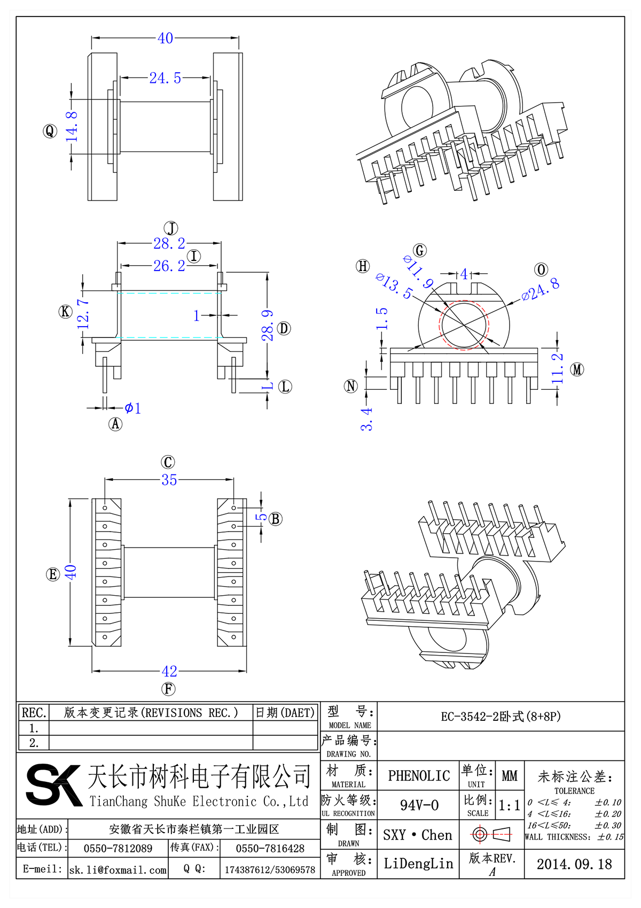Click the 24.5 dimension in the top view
165,78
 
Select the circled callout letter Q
50,131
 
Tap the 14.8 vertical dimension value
72,127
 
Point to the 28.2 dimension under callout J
169,244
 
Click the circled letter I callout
194,256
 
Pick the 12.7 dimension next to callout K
83,314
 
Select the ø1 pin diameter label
132,409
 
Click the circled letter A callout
115,424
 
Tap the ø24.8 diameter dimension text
541,289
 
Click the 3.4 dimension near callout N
366,419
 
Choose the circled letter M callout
577,369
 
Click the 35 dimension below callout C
169,480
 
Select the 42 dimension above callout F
169,671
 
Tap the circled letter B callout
276,519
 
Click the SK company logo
53,785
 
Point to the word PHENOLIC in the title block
419,776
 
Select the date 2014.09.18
574,864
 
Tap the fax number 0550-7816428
270,849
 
